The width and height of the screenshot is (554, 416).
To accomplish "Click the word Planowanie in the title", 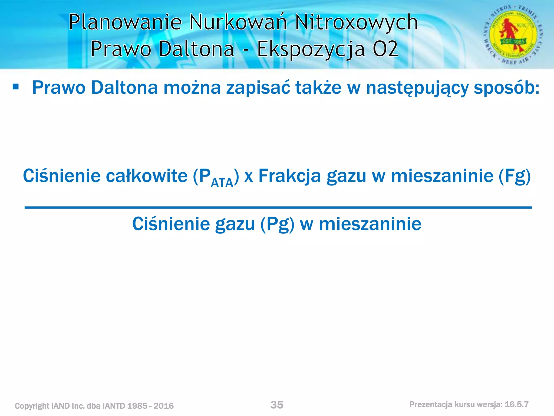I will [x=125, y=22].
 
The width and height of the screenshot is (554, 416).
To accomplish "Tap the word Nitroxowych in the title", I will [x=356, y=22].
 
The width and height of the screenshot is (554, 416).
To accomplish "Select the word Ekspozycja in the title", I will [x=311, y=49].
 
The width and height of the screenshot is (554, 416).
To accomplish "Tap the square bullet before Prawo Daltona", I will [x=16, y=87].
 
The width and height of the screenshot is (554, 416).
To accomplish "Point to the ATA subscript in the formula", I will [x=222, y=183].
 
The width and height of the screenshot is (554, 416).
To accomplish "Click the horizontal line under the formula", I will [x=278, y=207].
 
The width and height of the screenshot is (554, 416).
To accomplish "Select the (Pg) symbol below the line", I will [x=277, y=225].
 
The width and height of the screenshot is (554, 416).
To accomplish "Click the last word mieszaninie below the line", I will [x=370, y=224].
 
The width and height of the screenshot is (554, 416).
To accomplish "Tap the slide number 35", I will [x=277, y=405].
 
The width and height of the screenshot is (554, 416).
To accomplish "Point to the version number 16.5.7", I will [x=516, y=405].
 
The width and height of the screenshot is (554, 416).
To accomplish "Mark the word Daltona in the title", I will [x=196, y=49].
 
